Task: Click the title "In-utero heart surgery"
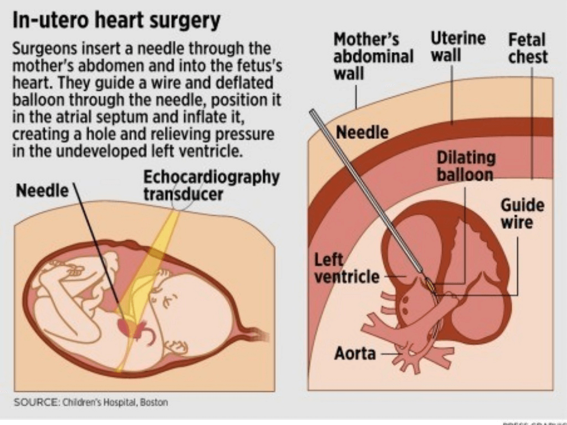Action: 116,22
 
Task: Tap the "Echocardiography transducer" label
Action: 211,186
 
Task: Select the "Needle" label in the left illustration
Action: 42,191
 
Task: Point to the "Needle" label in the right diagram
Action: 362,133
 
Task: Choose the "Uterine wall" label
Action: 457,46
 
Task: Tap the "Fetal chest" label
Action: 528,48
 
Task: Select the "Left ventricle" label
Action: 347,268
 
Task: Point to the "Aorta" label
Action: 355,353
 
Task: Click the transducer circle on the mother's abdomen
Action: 182,201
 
